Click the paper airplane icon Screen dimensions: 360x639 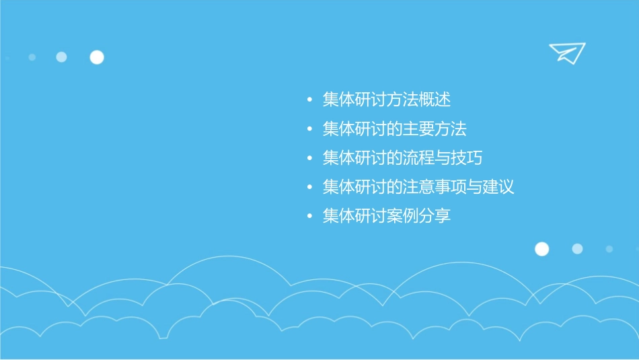point(566,52)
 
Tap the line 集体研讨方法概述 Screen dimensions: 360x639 point(386,100)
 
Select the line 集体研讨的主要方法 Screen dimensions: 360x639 point(394,129)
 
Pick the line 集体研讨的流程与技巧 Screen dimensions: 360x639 point(402,158)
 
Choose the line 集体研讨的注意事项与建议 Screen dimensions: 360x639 point(418,187)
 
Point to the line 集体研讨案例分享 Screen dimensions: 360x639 point(386,216)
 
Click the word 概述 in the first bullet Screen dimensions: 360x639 point(435,100)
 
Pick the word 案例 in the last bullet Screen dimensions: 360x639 point(402,216)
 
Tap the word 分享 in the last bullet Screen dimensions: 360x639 point(435,216)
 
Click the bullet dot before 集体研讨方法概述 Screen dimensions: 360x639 point(309,100)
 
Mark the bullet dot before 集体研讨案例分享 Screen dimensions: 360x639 point(309,217)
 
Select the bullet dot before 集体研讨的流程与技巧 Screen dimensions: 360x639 point(309,159)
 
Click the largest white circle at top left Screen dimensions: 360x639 point(97,57)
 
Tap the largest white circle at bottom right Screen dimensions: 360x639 point(541,249)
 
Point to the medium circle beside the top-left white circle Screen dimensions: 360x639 point(61,57)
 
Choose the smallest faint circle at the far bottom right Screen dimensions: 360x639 point(609,249)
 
